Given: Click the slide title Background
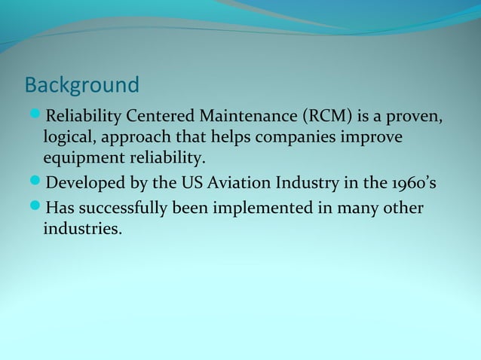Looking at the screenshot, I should [x=82, y=84].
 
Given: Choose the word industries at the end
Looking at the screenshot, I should [x=81, y=227].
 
